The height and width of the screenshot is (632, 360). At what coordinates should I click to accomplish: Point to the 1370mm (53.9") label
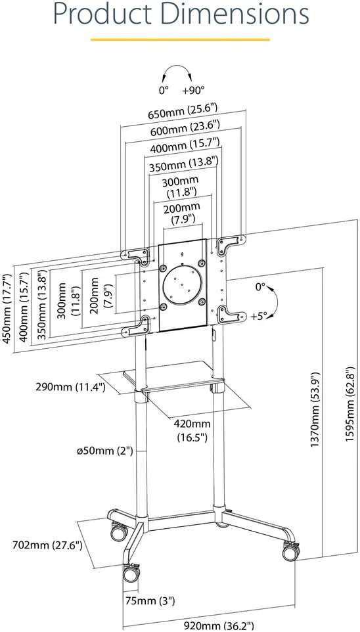(315, 409)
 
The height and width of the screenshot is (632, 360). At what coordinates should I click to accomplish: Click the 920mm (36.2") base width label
(219, 625)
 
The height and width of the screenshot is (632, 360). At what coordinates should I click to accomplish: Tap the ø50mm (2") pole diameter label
(105, 451)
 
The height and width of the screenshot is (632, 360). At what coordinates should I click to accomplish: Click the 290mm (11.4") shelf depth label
(70, 388)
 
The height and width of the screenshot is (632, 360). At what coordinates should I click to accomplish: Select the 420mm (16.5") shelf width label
(192, 430)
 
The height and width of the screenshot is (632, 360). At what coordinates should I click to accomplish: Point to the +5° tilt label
(259, 317)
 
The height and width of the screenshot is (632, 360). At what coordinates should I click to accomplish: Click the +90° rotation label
(193, 91)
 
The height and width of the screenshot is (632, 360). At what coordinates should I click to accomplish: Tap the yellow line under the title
(180, 39)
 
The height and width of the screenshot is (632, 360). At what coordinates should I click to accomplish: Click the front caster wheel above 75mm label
(131, 573)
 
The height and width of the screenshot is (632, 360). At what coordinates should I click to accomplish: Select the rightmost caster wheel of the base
(290, 551)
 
